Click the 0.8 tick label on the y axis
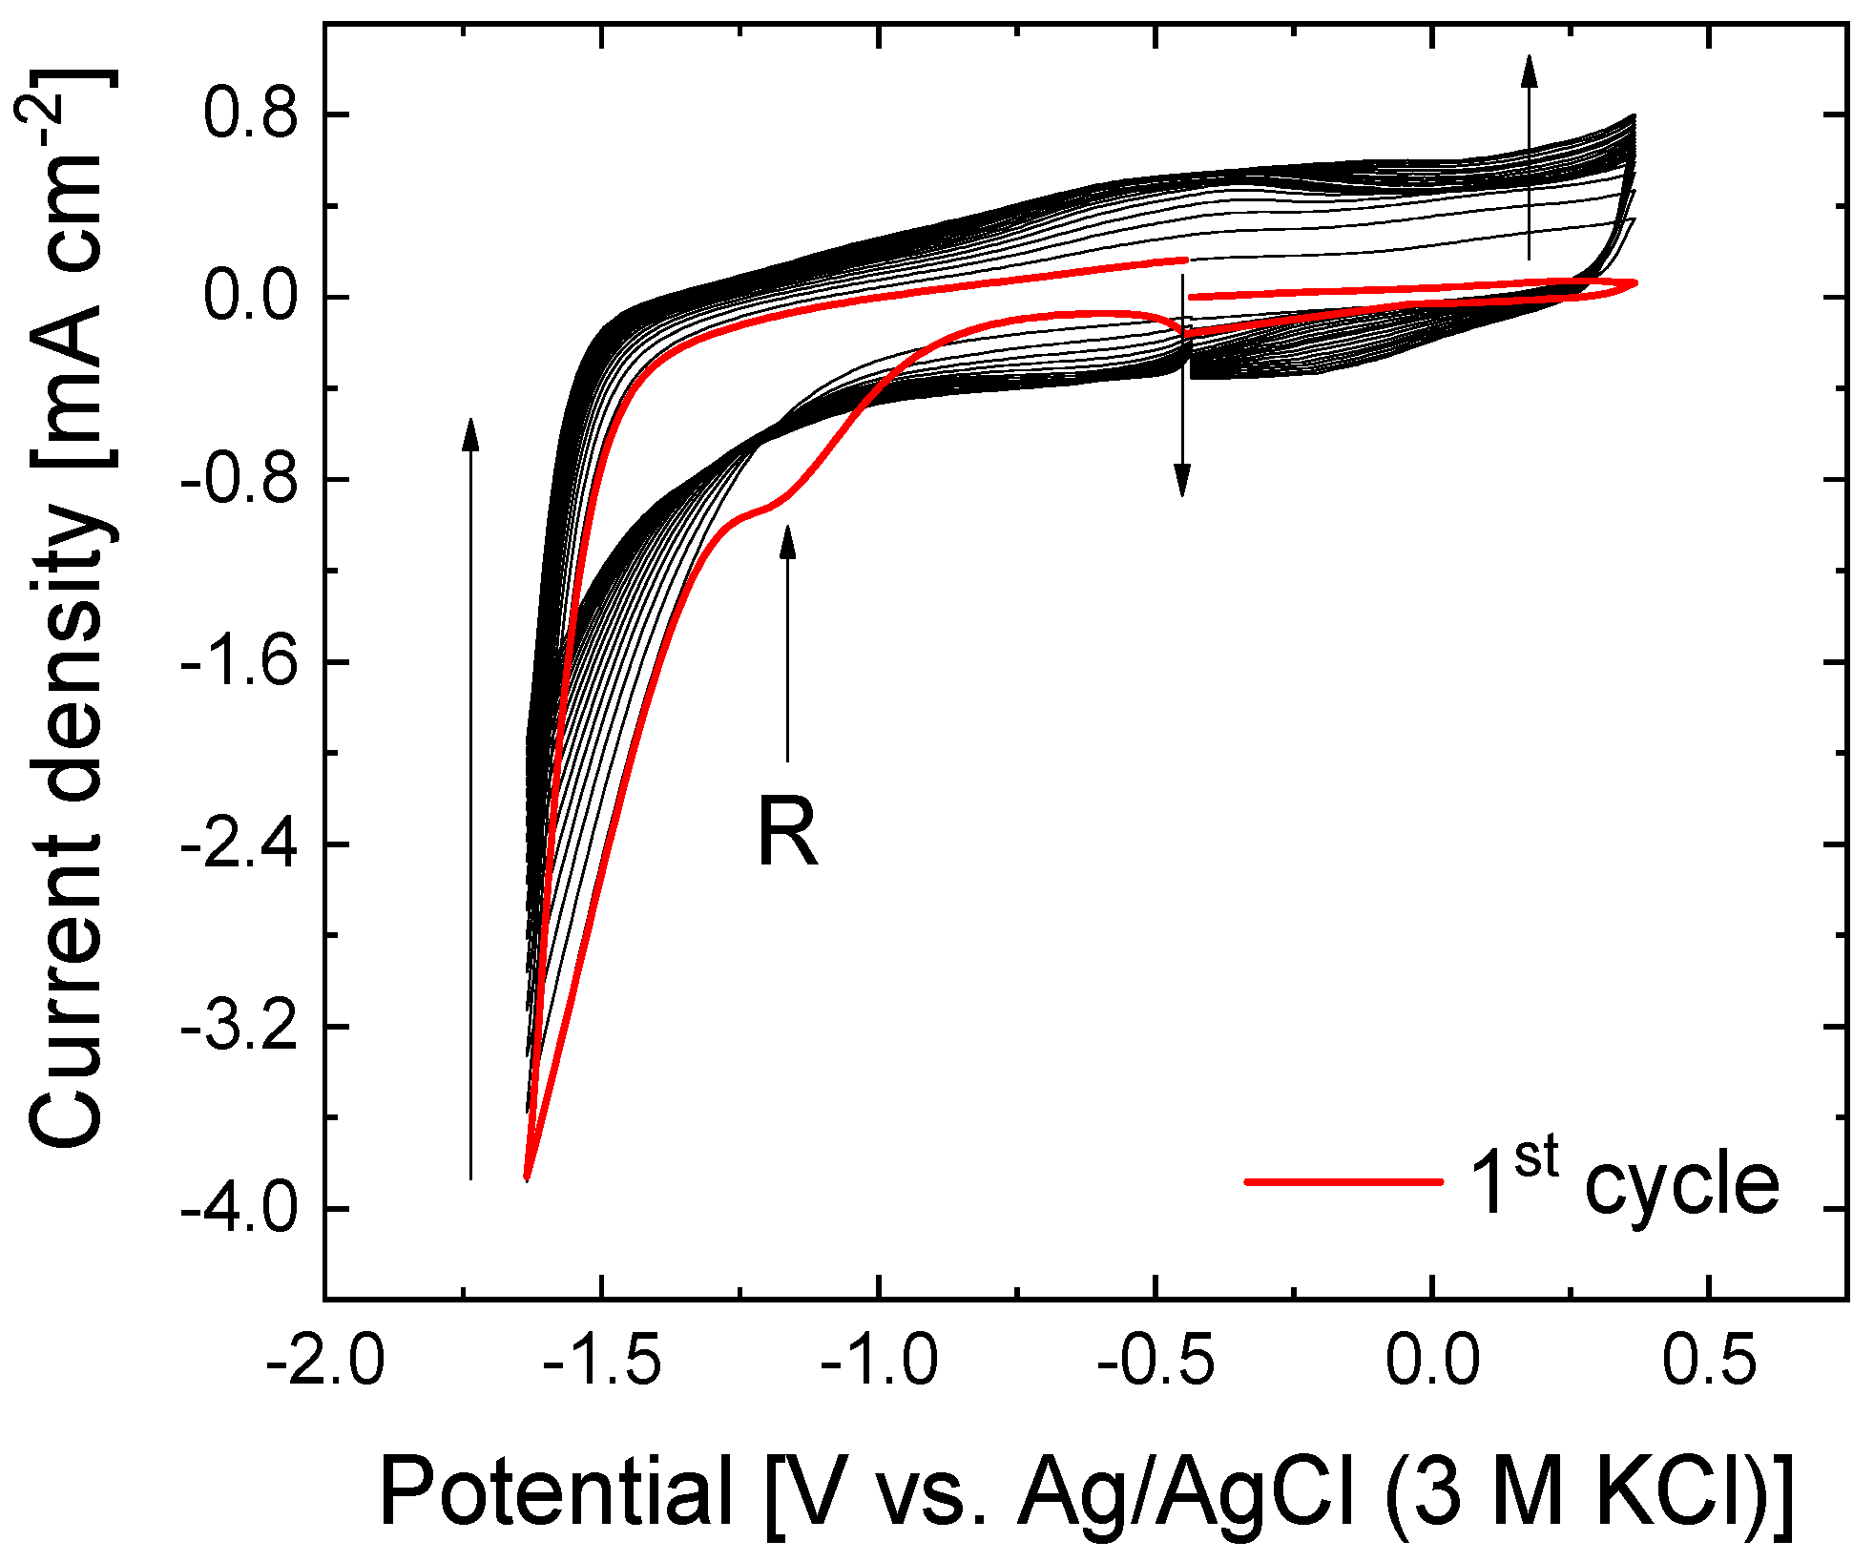coord(250,115)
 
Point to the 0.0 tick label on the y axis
coord(250,297)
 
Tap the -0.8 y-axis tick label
coord(239,479)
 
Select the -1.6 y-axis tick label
coord(239,661)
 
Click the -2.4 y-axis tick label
coord(239,844)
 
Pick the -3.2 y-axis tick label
coord(239,1027)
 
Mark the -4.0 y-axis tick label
coord(239,1209)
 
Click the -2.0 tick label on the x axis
coord(325,1360)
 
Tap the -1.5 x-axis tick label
coord(602,1360)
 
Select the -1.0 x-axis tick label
coord(879,1360)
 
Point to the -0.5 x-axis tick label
coord(1156,1360)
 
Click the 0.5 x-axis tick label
coord(1709,1360)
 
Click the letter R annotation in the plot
coord(787,833)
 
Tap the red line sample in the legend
coord(1343,1182)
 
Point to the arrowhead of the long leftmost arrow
coord(469,431)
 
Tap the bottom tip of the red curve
coord(526,1179)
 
